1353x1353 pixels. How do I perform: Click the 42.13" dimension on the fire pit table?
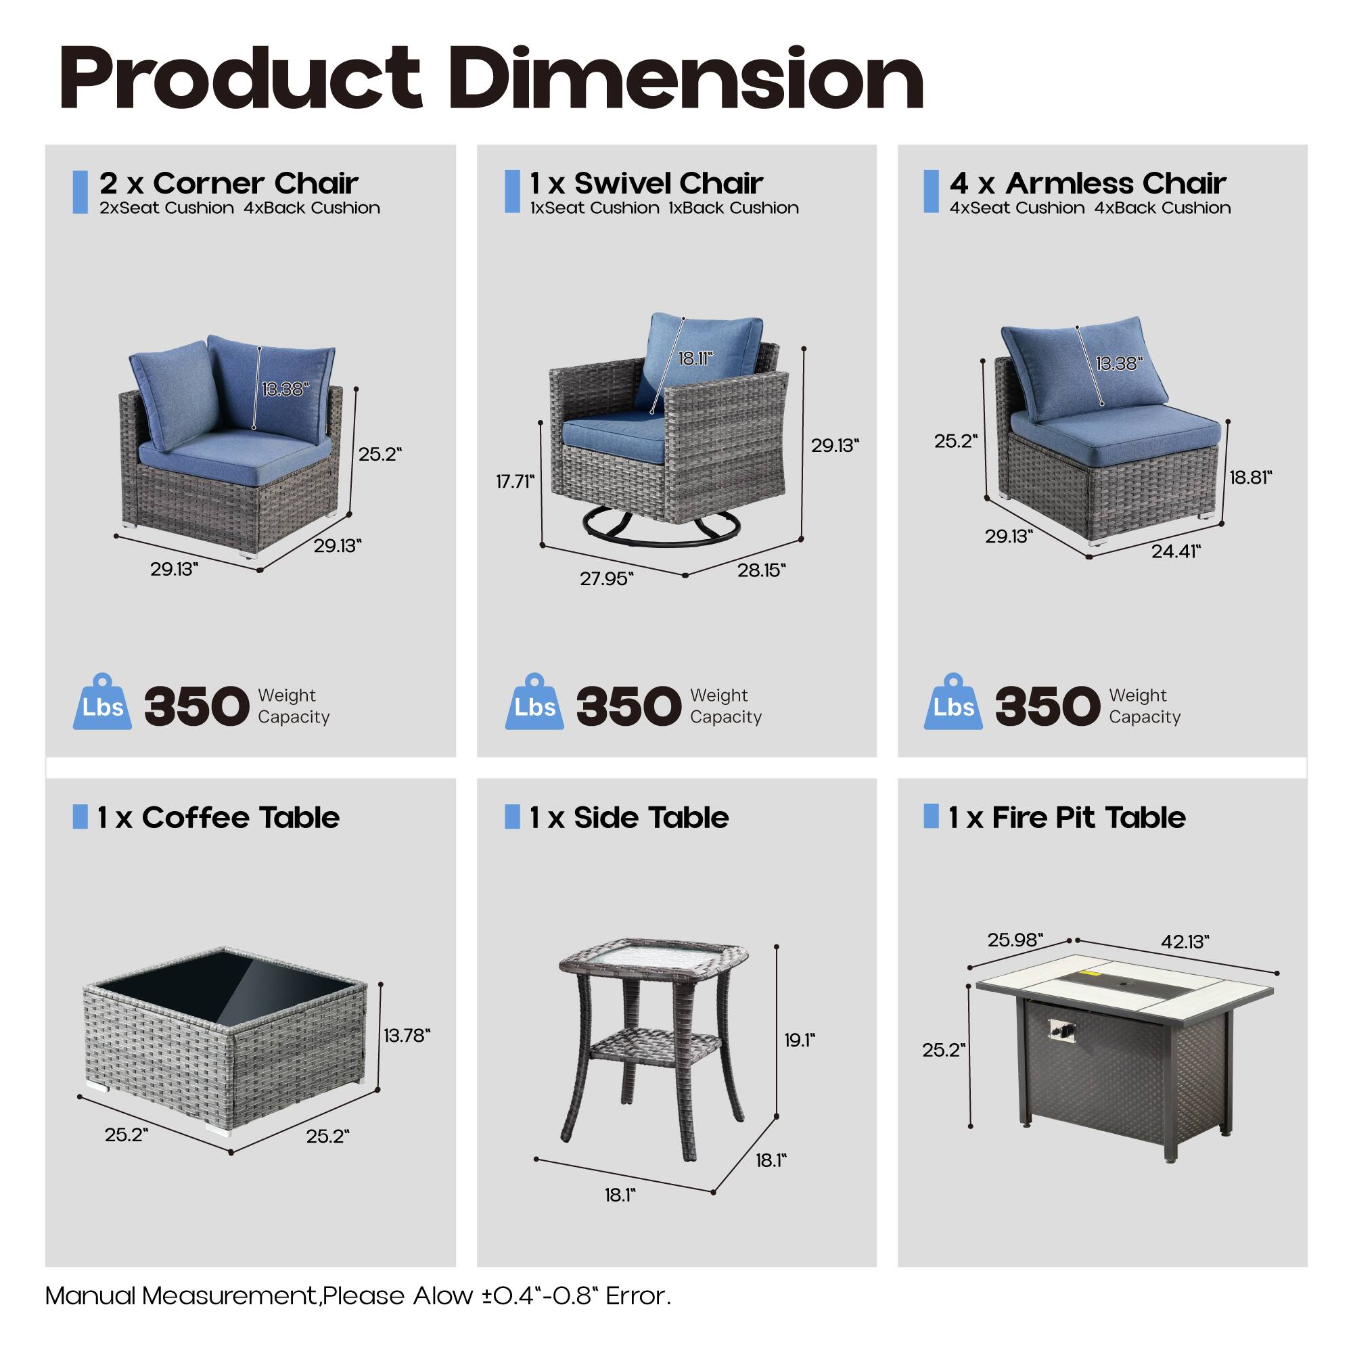(x=1185, y=942)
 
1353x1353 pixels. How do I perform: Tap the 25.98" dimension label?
(x=1015, y=940)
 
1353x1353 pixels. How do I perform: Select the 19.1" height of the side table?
(x=800, y=1040)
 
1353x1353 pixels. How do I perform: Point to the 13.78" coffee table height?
(x=407, y=1035)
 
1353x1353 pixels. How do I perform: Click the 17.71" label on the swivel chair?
(x=515, y=481)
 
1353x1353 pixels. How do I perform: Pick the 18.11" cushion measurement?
(x=695, y=359)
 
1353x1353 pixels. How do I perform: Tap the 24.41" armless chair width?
(x=1176, y=552)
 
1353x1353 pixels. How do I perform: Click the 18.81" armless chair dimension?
(x=1251, y=478)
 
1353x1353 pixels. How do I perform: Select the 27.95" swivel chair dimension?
(x=606, y=578)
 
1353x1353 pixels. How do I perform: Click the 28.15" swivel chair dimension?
(x=761, y=570)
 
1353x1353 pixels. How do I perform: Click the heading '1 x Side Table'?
(x=628, y=817)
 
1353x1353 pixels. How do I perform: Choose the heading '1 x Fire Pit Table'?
(x=1067, y=817)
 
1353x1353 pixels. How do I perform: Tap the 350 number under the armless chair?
(x=1047, y=705)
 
